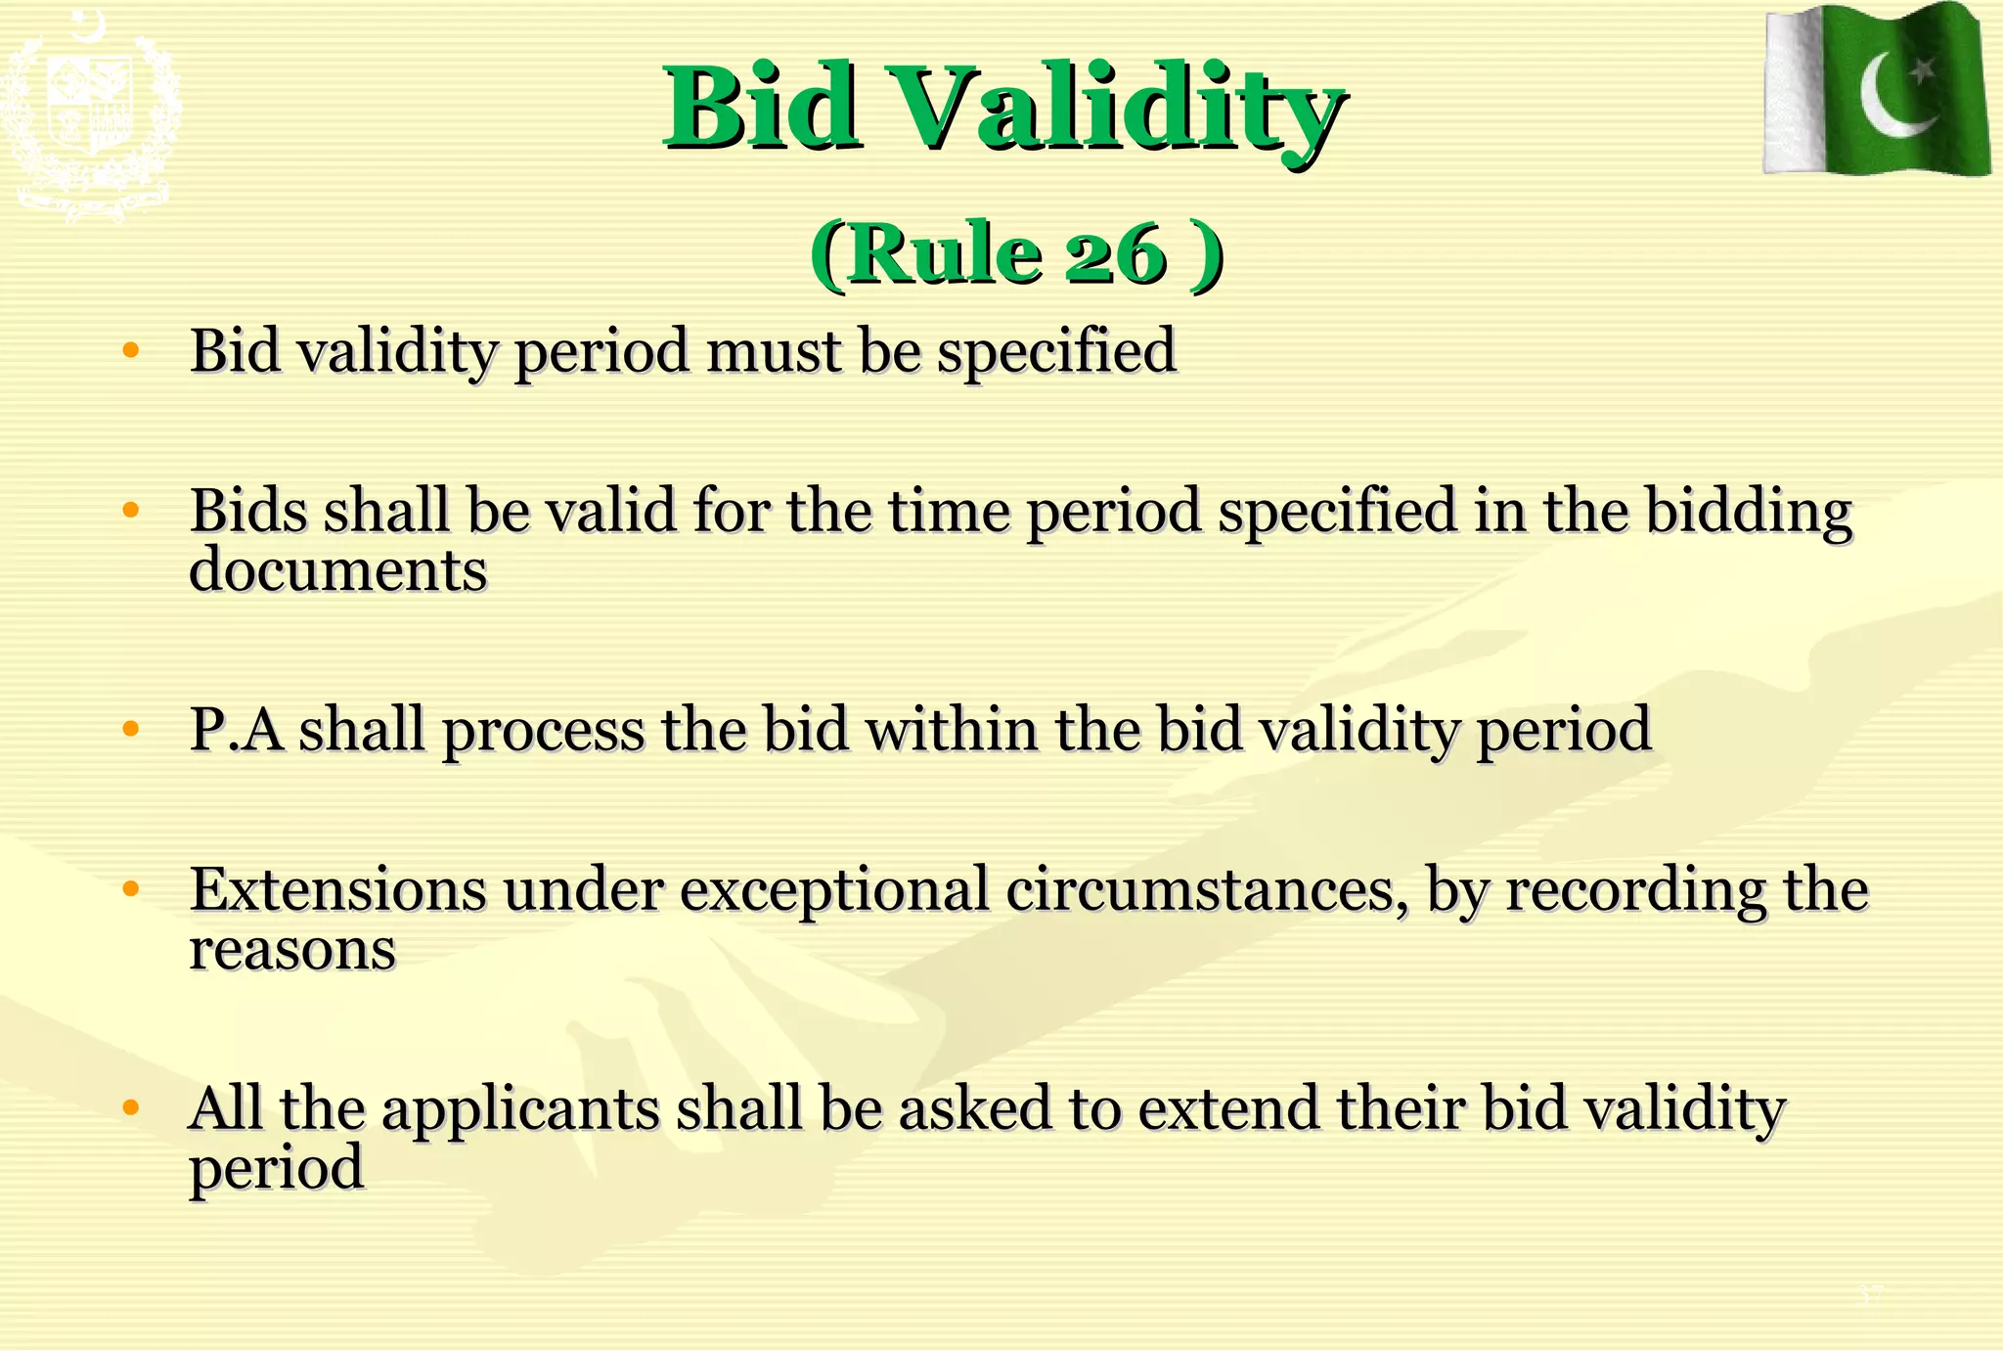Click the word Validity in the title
[x=1120, y=108]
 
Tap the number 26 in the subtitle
[x=1115, y=255]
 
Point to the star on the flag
[x=1923, y=70]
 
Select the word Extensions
[x=337, y=889]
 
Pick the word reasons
[x=292, y=949]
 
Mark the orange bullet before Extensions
[x=131, y=889]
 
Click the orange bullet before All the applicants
[x=131, y=1108]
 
